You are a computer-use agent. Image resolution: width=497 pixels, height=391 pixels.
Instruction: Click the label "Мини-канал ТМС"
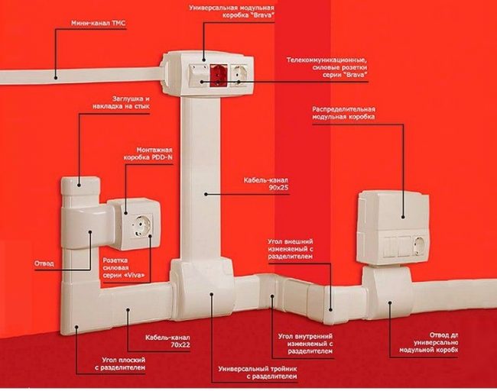[x=78, y=24]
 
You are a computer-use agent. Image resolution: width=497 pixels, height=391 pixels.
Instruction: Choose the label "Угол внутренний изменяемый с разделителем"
[x=304, y=345]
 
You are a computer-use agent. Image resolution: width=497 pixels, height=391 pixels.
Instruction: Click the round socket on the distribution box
[x=420, y=245]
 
